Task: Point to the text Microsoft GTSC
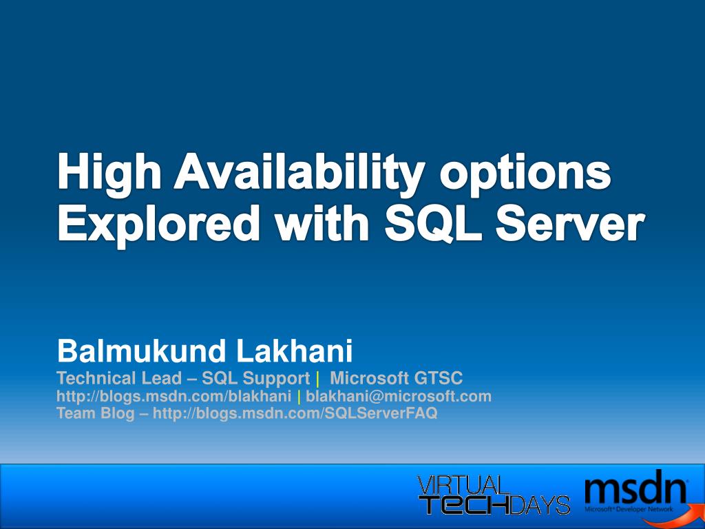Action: [397, 378]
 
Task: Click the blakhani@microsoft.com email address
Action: [399, 396]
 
